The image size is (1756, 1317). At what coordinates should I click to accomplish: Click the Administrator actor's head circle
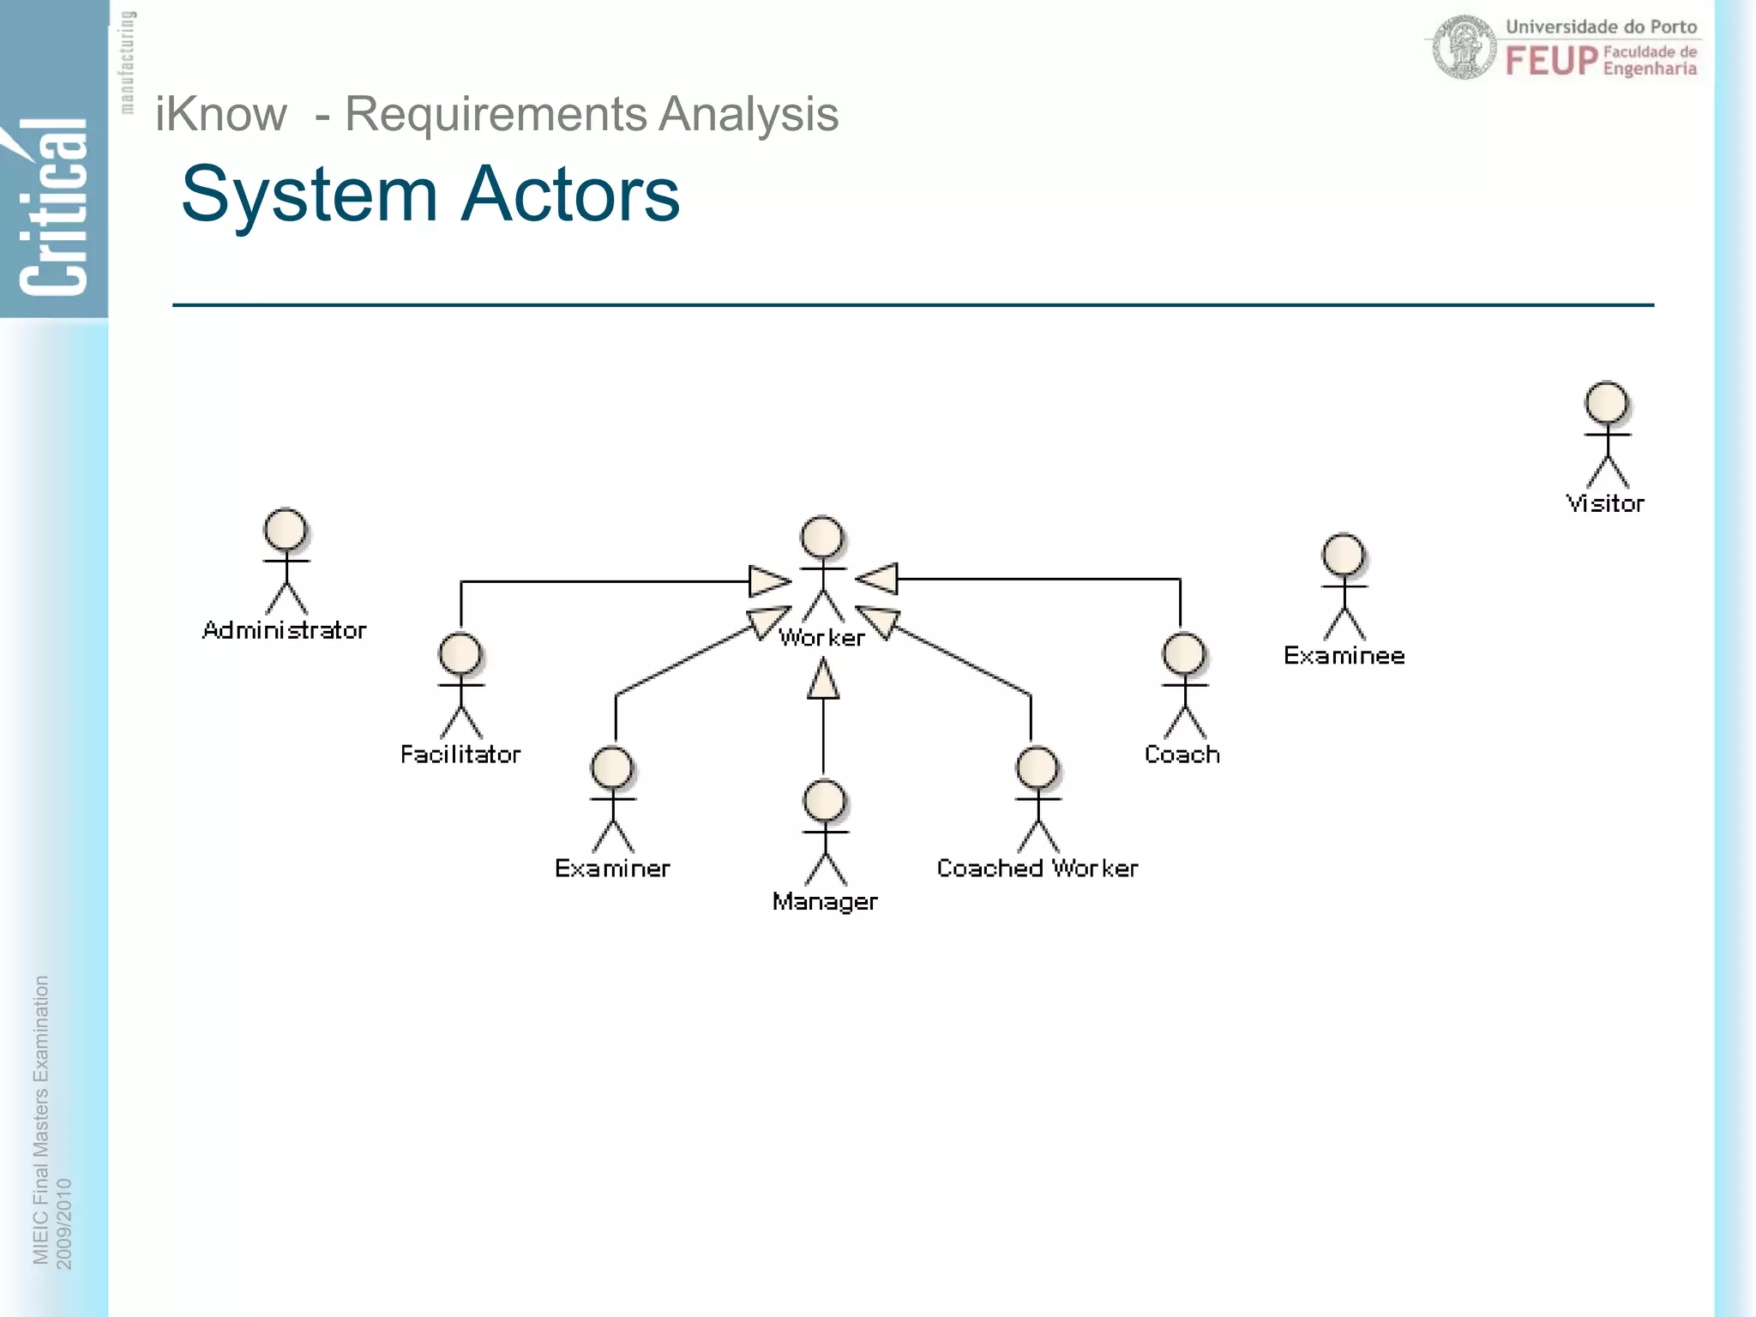286,529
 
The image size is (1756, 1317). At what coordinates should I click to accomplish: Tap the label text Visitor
1605,503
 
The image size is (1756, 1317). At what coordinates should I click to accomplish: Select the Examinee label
1344,656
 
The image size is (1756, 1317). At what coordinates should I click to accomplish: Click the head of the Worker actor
822,538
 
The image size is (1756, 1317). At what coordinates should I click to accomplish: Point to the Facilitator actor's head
460,654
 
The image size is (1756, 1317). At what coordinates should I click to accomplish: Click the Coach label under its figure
1182,755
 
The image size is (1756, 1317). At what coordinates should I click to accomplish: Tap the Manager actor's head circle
825,801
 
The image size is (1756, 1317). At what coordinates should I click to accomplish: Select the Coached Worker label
1037,869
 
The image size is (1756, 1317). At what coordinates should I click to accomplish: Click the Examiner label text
612,869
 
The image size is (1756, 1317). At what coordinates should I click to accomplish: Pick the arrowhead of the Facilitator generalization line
768,581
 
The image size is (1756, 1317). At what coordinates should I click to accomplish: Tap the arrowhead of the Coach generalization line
878,579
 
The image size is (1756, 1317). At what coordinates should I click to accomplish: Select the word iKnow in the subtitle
221,114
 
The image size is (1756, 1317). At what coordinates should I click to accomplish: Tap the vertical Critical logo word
53,210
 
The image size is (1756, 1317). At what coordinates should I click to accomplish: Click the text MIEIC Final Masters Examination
40,1119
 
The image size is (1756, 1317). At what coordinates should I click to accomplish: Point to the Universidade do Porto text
1601,27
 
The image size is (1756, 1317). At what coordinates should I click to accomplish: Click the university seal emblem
1464,48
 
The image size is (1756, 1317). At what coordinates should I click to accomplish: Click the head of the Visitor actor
1606,402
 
